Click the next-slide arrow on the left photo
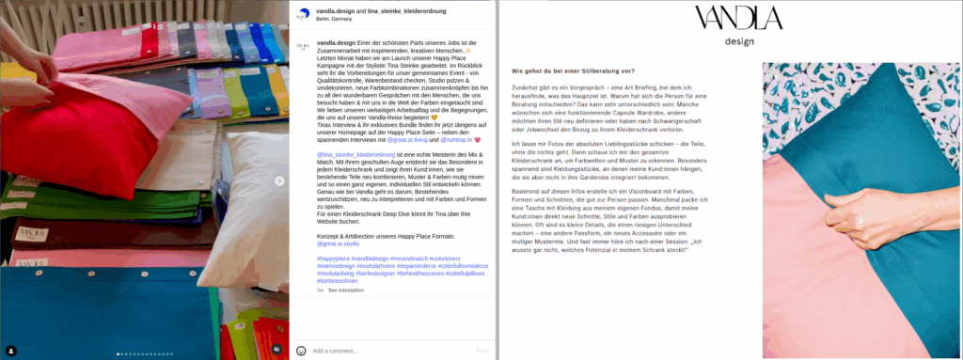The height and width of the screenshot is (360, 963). tap(277, 180)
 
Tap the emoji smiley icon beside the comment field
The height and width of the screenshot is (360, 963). tap(301, 351)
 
